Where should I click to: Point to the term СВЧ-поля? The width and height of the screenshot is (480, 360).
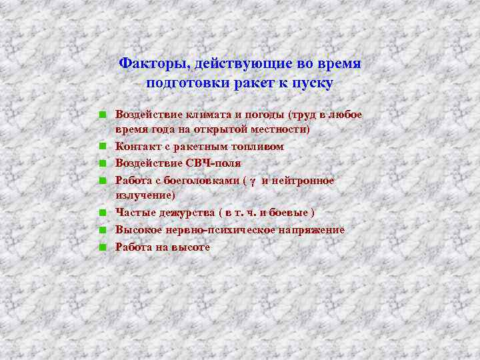214,163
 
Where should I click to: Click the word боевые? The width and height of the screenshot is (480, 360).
288,213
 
